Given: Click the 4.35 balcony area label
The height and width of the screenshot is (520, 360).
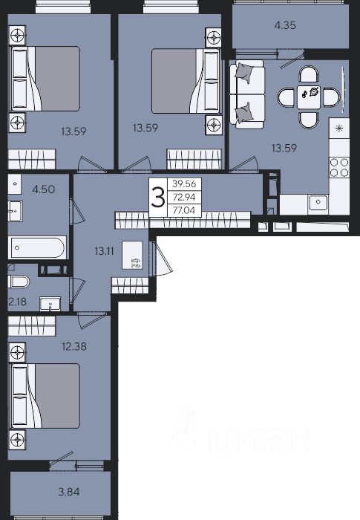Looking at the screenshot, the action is [285, 25].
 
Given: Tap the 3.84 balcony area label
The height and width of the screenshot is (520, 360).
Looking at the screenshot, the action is [69, 492].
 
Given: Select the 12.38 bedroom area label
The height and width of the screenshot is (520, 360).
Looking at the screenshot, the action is [74, 347].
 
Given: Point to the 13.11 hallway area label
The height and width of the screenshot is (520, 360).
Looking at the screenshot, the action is [104, 251].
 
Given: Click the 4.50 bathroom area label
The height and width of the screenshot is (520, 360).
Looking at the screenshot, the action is [44, 189].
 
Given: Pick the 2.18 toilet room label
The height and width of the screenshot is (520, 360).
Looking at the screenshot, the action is [17, 302].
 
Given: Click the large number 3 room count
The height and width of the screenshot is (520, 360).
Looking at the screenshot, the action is [158, 197].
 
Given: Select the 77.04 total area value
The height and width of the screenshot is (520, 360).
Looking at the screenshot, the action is [184, 210].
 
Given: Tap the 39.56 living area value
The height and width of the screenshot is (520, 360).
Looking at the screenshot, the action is [184, 183].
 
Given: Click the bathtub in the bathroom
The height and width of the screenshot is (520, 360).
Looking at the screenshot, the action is [37, 247].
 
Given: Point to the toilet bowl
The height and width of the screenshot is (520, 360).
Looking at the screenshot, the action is [20, 282].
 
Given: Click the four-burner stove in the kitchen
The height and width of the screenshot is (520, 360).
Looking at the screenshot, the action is [339, 167].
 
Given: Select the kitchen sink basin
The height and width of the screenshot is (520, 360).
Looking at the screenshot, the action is [318, 201].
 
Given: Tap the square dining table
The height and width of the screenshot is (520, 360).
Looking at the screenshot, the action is [309, 97].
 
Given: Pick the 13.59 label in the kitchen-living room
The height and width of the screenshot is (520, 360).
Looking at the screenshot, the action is [284, 148].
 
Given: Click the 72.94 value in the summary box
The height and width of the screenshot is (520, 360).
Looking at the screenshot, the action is [184, 197].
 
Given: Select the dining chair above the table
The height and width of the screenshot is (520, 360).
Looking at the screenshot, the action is [309, 74].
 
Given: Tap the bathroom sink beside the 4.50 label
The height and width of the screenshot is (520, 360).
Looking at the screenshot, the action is [16, 211].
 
